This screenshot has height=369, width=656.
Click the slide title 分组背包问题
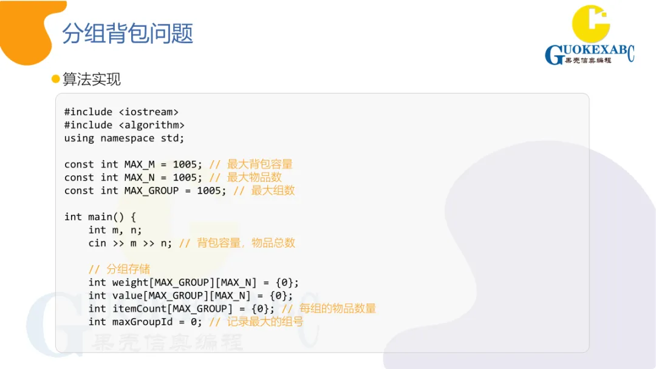[128, 34]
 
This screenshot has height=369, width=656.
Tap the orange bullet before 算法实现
[56, 79]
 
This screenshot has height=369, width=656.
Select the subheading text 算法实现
[92, 79]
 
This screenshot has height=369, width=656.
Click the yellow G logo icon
[590, 24]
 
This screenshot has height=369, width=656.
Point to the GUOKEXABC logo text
[589, 55]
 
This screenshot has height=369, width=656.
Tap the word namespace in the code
[128, 138]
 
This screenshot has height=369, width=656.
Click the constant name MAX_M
[140, 164]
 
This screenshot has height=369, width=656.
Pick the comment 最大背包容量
[259, 164]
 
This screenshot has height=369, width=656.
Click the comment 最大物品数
[254, 177]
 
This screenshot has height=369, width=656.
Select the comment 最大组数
[273, 191]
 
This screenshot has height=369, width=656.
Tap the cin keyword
[97, 243]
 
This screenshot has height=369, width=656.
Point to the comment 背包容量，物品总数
[245, 243]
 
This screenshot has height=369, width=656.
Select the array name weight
[131, 282]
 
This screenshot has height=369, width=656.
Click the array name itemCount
[140, 308]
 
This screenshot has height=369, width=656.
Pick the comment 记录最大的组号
[265, 322]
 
